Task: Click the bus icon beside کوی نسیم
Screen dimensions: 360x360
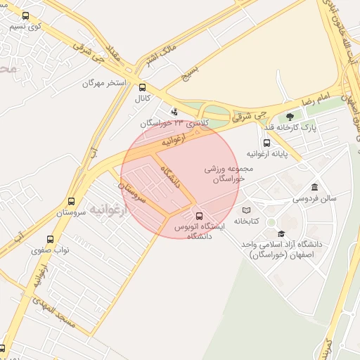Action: pyautogui.click(x=26, y=15)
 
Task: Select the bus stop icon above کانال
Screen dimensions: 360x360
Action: pyautogui.click(x=143, y=88)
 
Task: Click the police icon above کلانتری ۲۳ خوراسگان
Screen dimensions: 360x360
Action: pyautogui.click(x=175, y=111)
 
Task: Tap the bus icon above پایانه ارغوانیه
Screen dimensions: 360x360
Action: pyautogui.click(x=266, y=143)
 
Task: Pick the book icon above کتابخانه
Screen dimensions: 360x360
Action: pyautogui.click(x=246, y=210)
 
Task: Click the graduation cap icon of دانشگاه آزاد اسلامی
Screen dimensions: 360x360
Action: pyautogui.click(x=281, y=233)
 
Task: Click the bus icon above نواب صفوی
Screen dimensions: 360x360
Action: pyautogui.click(x=49, y=239)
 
